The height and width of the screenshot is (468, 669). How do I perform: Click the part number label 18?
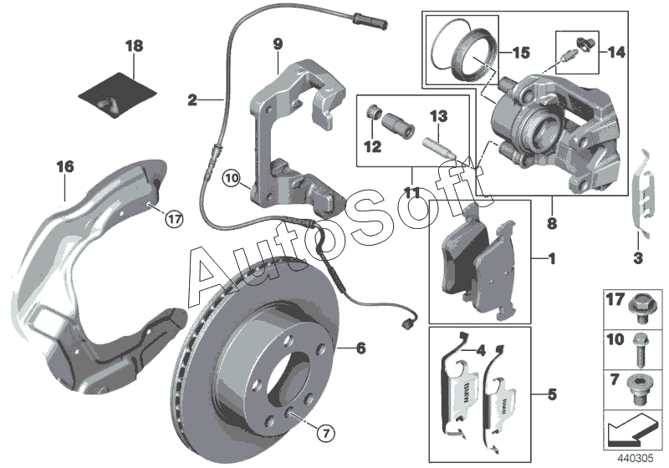[135, 46]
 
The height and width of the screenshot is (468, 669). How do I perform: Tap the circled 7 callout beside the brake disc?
[326, 434]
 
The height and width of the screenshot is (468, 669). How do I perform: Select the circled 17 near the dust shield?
[174, 220]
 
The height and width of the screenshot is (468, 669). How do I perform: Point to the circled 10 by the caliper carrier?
[232, 178]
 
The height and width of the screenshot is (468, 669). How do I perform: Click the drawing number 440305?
[636, 458]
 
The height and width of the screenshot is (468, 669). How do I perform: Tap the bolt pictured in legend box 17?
[639, 308]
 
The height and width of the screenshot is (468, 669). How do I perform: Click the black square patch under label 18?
[117, 94]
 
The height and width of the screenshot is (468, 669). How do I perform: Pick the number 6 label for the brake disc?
[361, 348]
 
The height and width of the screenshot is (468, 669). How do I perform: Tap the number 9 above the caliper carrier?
[278, 44]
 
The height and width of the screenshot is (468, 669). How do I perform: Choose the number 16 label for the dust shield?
[65, 166]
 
